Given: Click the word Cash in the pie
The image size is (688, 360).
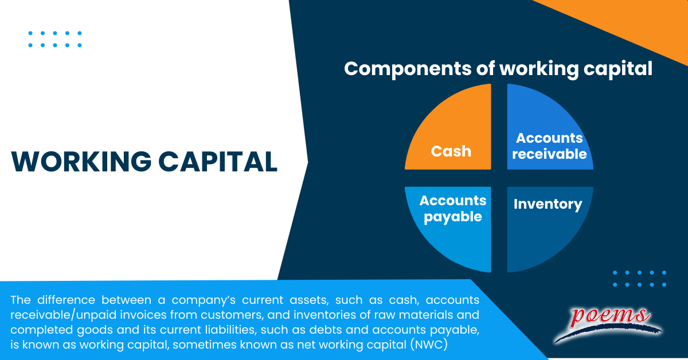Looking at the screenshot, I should pos(451,151).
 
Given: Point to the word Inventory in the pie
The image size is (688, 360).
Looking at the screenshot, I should pos(548,204).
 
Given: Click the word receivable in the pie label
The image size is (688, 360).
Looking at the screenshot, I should pos(549,154).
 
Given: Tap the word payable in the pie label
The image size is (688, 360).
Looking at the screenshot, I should pos(453,217).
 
